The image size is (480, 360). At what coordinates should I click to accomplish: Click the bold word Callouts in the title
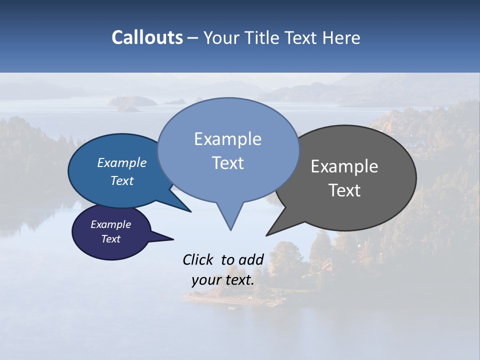(147, 37)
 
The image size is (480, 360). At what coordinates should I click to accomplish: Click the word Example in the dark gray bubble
(344, 166)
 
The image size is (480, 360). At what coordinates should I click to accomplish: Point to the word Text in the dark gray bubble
(344, 190)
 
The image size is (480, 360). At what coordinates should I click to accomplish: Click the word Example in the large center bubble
(227, 139)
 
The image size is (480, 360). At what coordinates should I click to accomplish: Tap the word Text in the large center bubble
(227, 163)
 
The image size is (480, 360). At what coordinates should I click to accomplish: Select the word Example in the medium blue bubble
(121, 162)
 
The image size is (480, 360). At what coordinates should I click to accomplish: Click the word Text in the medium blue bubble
(121, 180)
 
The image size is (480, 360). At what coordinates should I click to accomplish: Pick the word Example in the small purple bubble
(110, 224)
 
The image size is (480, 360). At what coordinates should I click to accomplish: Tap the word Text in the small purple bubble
(110, 239)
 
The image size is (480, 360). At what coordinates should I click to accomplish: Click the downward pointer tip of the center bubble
(230, 230)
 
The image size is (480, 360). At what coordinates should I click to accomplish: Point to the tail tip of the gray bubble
(266, 235)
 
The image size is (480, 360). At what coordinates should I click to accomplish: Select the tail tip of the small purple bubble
(173, 239)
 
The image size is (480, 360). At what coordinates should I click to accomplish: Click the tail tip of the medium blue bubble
(190, 211)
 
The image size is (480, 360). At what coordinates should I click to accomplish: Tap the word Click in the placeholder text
(198, 259)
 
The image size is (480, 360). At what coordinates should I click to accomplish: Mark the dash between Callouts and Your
(193, 38)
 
